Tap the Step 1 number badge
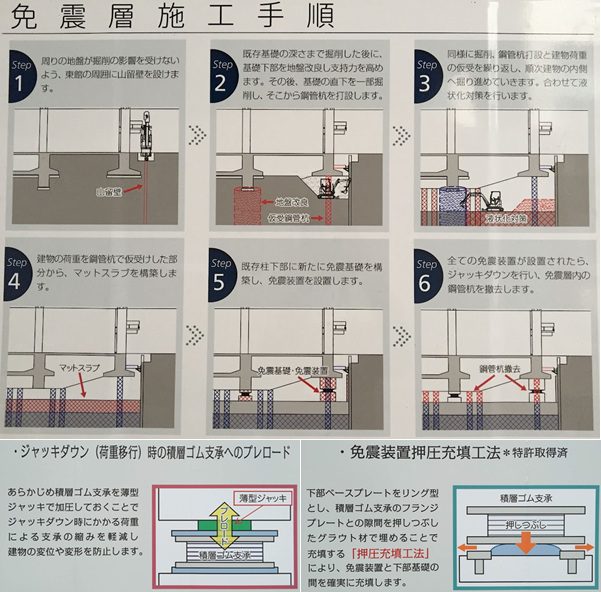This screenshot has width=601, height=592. (25, 70)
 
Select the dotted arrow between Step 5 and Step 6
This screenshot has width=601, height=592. (403, 331)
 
